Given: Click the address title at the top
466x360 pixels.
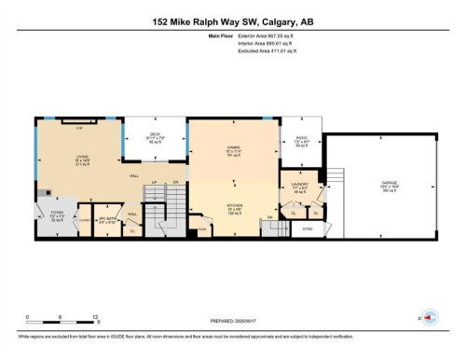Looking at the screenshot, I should [232, 21].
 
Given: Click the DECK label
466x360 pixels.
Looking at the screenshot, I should [156, 135].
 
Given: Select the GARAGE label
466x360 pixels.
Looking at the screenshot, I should [389, 183].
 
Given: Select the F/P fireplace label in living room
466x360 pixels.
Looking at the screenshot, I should [80, 127].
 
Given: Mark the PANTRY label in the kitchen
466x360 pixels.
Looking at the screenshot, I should [200, 228].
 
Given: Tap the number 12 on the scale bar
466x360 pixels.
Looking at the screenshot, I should [97, 316].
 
